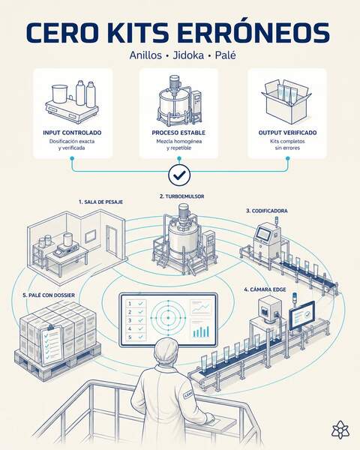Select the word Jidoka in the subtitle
tap(188, 55)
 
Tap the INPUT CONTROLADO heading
tap(72, 133)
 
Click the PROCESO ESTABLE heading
tap(178, 133)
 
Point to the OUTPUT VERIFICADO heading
tap(288, 133)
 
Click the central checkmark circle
tap(179, 175)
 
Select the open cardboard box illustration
tap(286, 101)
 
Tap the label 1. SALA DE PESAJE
tap(100, 202)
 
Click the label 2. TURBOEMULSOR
tap(182, 196)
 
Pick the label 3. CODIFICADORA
tap(267, 211)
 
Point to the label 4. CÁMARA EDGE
tap(265, 289)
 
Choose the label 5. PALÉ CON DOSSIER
tap(49, 295)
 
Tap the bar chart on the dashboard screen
tap(201, 331)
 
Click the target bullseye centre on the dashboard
tap(168, 317)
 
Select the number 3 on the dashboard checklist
tap(130, 320)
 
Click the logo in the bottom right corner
tap(340, 430)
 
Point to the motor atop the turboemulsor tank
tap(183, 212)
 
